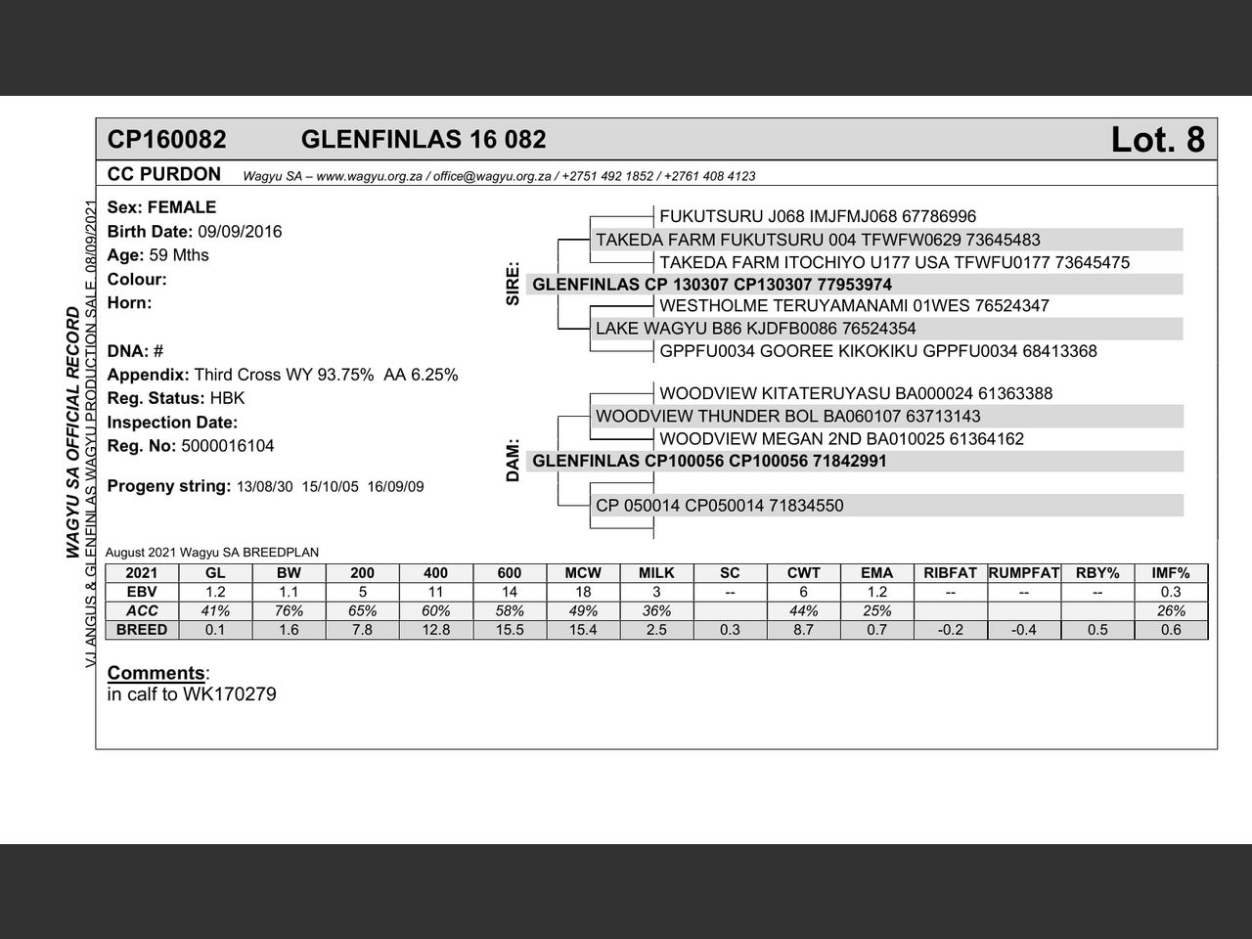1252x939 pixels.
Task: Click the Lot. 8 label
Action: pyautogui.click(x=1157, y=140)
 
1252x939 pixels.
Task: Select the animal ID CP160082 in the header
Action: pyautogui.click(x=166, y=140)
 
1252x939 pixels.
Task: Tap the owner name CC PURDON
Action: pyautogui.click(x=164, y=174)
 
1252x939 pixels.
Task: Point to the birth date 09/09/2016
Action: pyautogui.click(x=240, y=232)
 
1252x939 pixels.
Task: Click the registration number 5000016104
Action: pyautogui.click(x=228, y=446)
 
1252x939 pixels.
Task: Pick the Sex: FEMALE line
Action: pyautogui.click(x=161, y=207)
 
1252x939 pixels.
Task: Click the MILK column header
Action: pyautogui.click(x=656, y=573)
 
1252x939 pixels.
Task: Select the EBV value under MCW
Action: pyautogui.click(x=583, y=592)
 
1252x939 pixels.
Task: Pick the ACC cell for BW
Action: pyautogui.click(x=289, y=610)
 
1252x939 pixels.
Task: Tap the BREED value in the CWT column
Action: pyautogui.click(x=803, y=630)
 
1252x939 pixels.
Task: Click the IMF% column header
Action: pyautogui.click(x=1171, y=573)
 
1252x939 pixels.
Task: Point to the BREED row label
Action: pyautogui.click(x=142, y=630)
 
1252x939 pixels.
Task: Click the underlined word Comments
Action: pyautogui.click(x=156, y=673)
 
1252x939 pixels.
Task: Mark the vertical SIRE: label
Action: pyautogui.click(x=513, y=284)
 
